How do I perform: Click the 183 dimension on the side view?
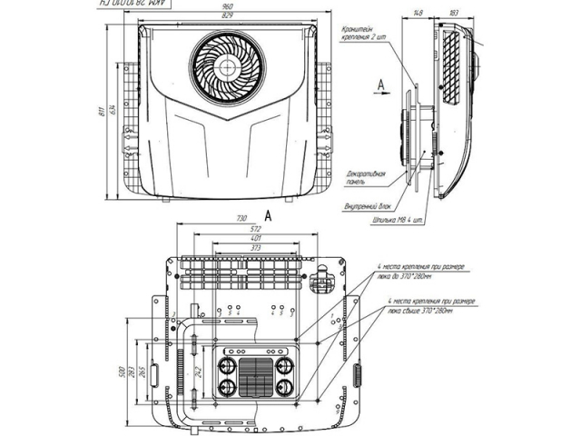(453, 13)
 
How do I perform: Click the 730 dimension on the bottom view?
(241, 219)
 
